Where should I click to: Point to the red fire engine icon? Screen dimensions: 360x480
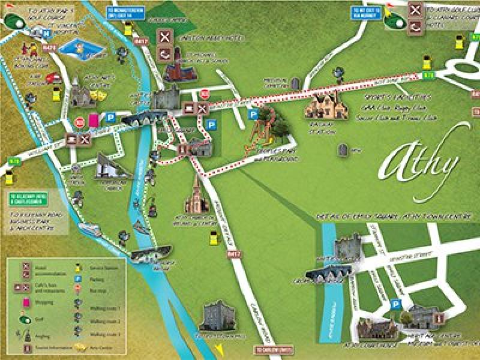point(53,77)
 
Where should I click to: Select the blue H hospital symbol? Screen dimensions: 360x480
point(46,34)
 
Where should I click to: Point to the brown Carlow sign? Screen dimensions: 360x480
point(273,349)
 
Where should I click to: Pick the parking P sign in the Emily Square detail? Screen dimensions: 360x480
point(395,304)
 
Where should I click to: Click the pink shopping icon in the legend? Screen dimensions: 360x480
point(26,302)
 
